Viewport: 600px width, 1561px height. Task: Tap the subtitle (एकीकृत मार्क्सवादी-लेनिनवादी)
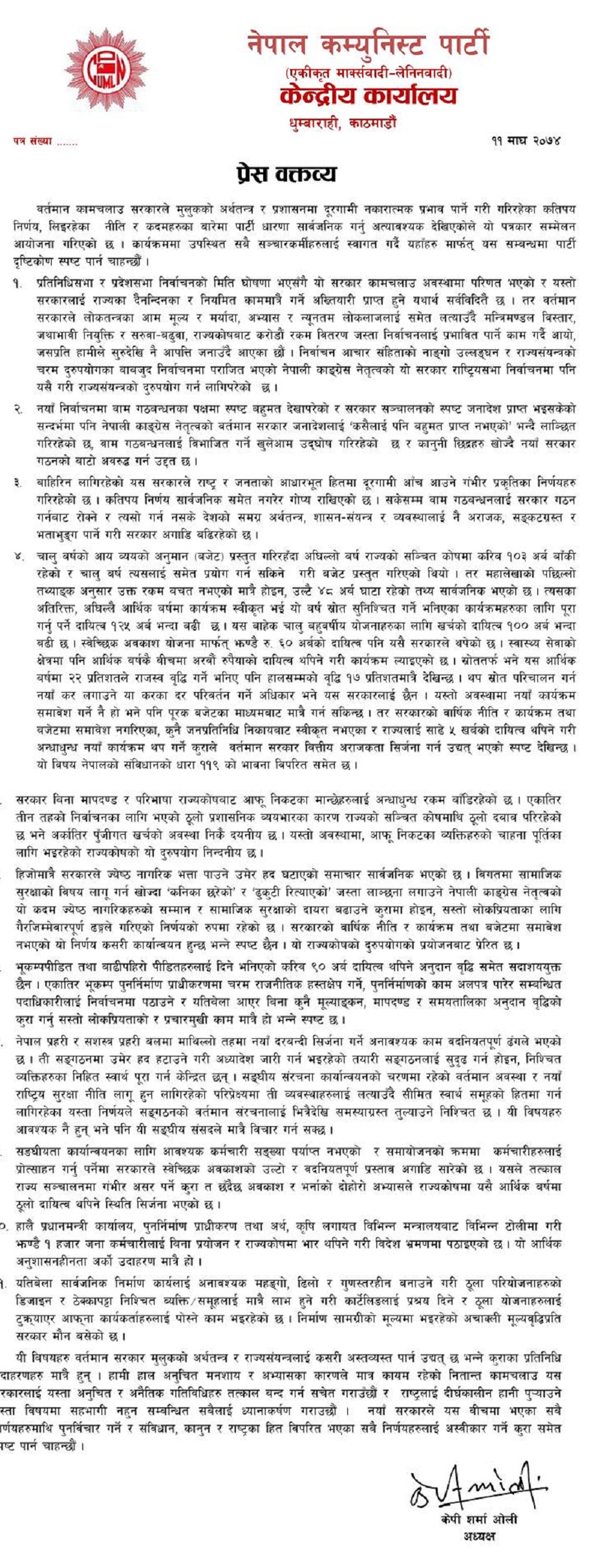pyautogui.click(x=369, y=72)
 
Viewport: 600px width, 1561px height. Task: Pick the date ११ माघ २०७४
pyautogui.click(x=525, y=140)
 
